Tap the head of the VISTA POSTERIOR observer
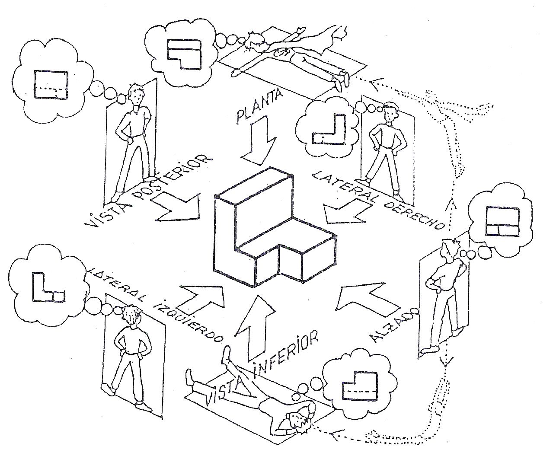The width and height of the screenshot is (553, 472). (137, 95)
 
